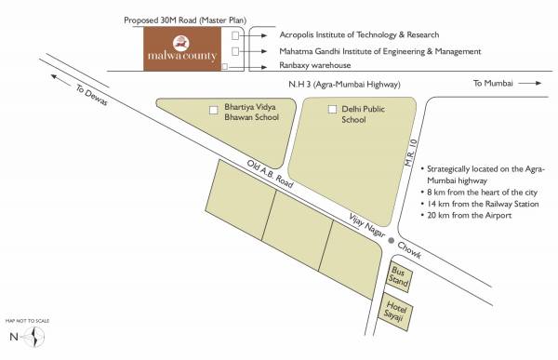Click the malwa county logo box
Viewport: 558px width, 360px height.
point(183,49)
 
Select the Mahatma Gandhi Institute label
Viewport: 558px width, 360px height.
point(380,50)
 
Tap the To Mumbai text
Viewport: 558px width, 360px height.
point(492,84)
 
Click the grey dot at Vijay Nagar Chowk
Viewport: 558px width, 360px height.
point(392,241)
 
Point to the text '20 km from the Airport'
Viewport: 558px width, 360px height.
point(471,216)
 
